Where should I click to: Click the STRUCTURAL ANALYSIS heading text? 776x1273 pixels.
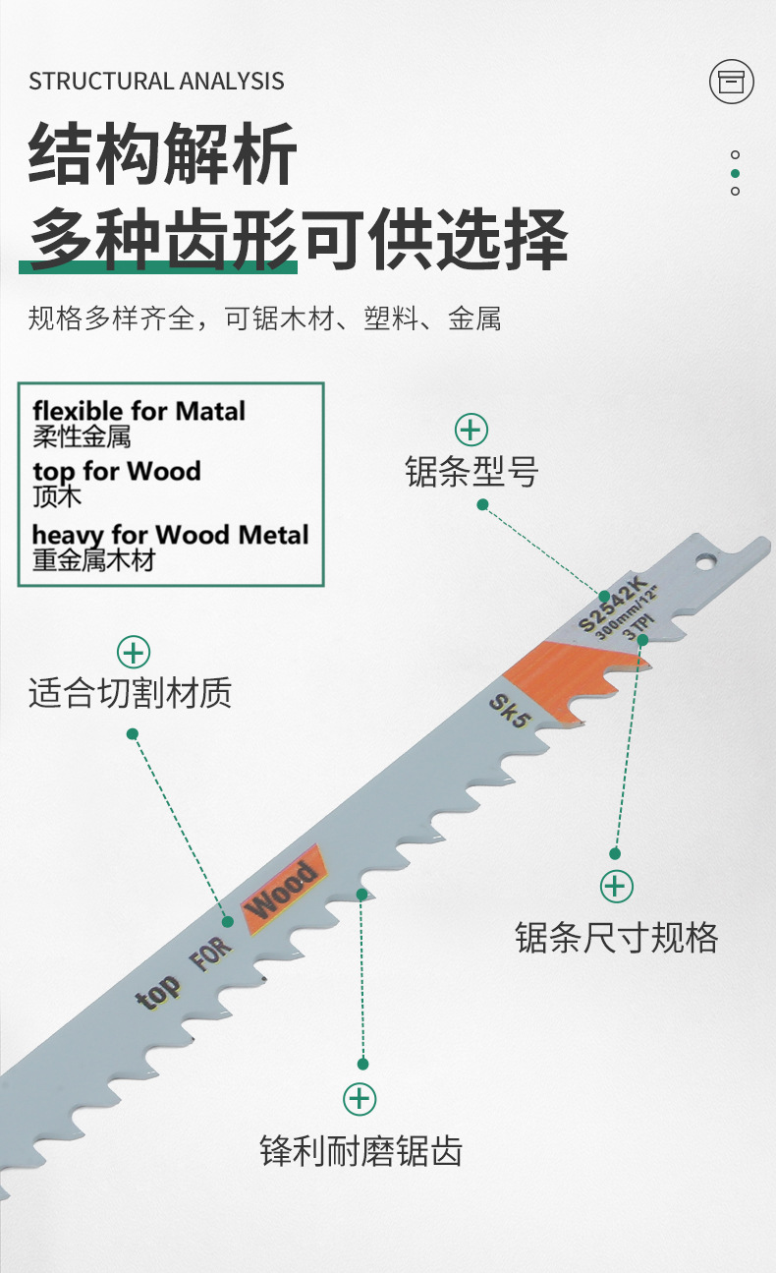coord(156,82)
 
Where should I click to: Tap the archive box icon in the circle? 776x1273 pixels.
coord(731,82)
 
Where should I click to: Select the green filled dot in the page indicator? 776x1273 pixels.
coord(735,173)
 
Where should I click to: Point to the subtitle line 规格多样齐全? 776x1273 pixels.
coord(264,318)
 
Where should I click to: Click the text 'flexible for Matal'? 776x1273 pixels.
coord(139,411)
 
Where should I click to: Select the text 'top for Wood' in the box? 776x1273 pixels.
coord(116,471)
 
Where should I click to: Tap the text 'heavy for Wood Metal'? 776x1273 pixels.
coord(170,535)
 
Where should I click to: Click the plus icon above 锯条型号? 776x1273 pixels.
coord(471,430)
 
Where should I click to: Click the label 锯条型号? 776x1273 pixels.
coord(471,472)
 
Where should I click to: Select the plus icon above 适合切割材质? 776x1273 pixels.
coord(134,652)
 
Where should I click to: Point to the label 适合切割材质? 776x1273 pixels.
coord(131,694)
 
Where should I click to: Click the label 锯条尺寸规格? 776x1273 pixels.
coord(616,937)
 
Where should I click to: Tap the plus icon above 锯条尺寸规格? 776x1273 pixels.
coord(616,887)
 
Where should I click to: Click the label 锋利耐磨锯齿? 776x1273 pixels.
coord(360,1150)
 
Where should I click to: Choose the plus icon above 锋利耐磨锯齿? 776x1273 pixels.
coord(360,1098)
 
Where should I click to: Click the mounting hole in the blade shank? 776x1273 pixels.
coord(706,561)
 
